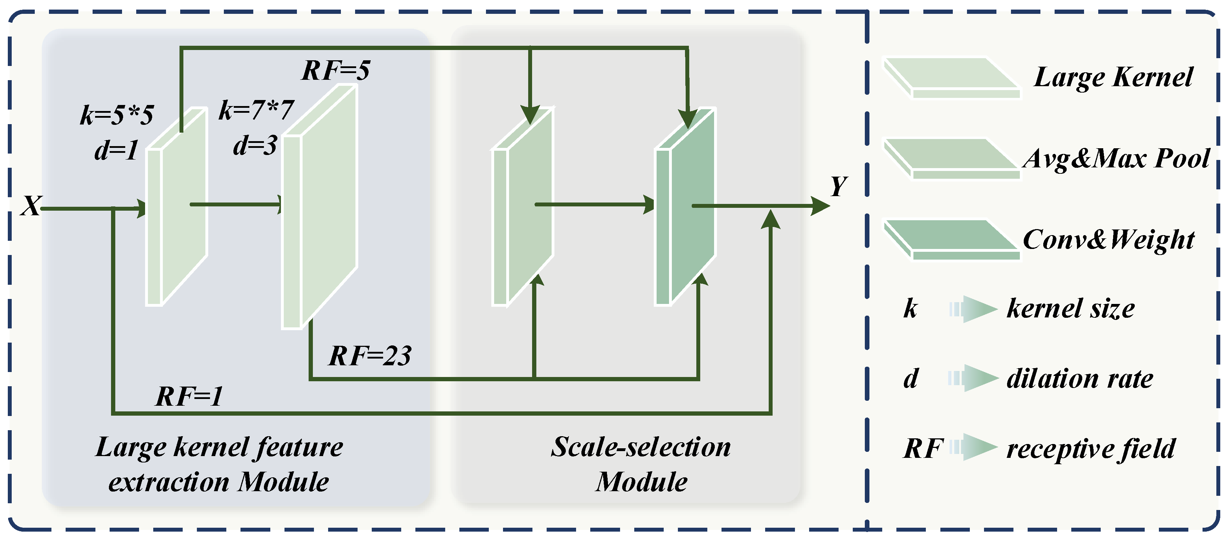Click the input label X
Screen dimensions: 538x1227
click(31, 206)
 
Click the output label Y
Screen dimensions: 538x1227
click(839, 186)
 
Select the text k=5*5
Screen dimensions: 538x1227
click(117, 115)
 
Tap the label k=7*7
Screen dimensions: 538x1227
click(256, 110)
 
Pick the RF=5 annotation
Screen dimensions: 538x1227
click(336, 71)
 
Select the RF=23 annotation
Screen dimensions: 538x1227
click(370, 356)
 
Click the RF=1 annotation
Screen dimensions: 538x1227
click(189, 396)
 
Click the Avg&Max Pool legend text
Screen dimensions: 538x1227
click(1116, 159)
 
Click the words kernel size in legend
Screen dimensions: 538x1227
click(1070, 309)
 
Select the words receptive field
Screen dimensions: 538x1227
click(1091, 449)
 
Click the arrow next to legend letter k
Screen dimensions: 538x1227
click(973, 309)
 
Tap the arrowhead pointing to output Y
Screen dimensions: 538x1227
click(820, 206)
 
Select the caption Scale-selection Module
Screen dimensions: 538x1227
click(641, 464)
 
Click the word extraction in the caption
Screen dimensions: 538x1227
click(169, 482)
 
